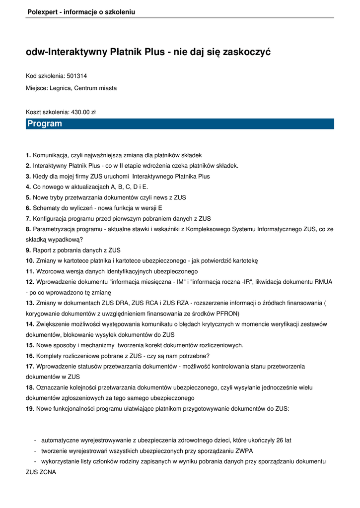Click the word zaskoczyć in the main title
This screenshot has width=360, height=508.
coord(247,52)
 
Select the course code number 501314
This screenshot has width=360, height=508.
coord(77,76)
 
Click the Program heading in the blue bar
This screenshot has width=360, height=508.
coord(45,124)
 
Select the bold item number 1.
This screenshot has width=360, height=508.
coord(28,155)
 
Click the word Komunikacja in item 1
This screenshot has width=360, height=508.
coord(52,155)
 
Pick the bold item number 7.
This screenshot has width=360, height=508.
coord(28,218)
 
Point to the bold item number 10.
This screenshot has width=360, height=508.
coord(30,260)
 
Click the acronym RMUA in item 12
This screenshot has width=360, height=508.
coord(323,282)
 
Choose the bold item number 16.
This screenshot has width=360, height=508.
coord(30,356)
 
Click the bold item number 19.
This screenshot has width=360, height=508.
coord(30,408)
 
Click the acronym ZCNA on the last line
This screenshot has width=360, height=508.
coord(48,472)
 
